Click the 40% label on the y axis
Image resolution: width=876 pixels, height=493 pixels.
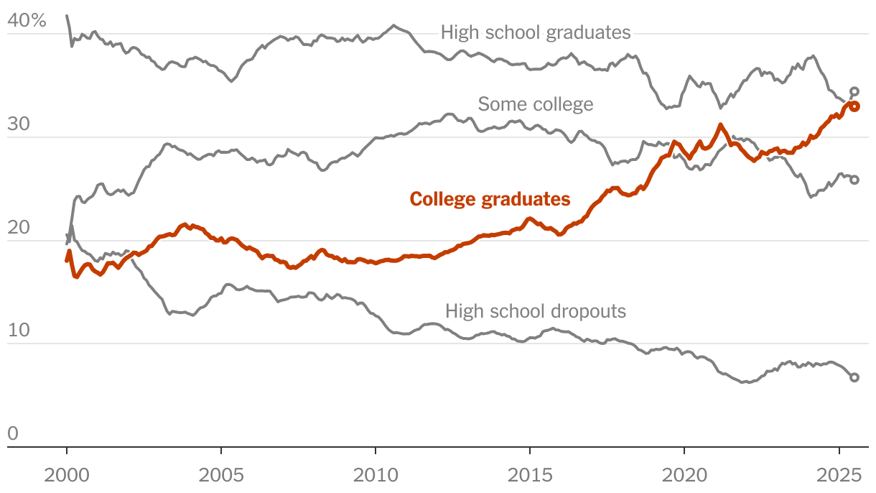pos(27,22)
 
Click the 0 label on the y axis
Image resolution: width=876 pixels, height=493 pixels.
pos(12,434)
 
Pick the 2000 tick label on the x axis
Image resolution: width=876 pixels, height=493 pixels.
pos(67,475)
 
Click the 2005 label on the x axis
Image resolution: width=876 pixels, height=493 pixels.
pos(221,475)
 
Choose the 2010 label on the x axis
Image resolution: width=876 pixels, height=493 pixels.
pos(376,475)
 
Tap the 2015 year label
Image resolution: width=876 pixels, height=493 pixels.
pos(529,475)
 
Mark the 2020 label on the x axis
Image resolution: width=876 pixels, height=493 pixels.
pos(684,475)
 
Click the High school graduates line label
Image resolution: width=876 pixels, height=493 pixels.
pos(536,32)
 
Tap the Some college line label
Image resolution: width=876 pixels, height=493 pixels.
pos(536,104)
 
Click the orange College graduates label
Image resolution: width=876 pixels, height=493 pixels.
pos(490,199)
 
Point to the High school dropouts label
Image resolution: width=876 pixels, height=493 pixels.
pos(536,311)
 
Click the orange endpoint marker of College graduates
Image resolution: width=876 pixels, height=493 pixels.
pos(855,106)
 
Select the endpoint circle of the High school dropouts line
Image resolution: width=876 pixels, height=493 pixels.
pos(854,377)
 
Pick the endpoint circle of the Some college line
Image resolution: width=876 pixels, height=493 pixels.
pos(854,180)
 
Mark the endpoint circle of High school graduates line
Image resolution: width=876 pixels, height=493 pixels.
pos(854,91)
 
